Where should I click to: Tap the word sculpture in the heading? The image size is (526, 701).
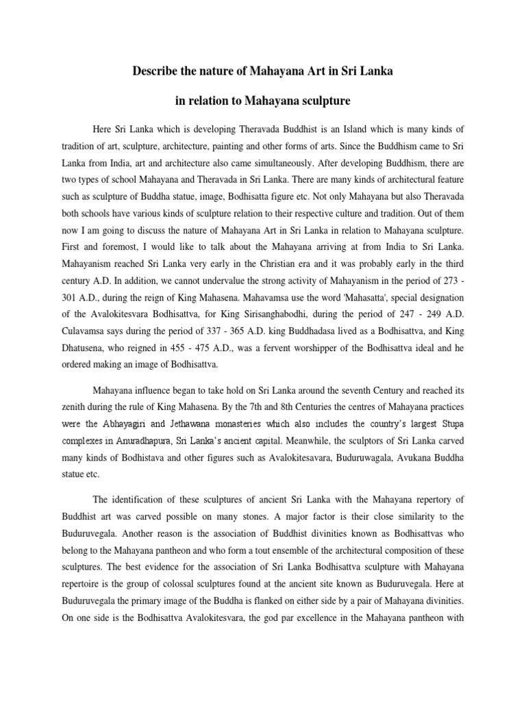[x=327, y=101]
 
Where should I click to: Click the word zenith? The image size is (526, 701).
[x=74, y=408]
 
